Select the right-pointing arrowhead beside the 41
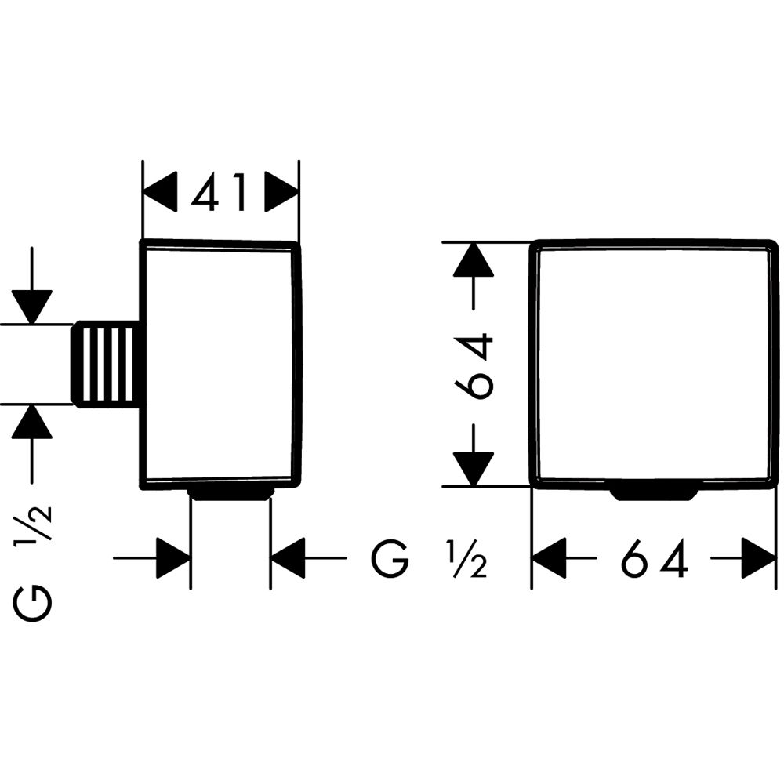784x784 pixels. tap(281, 192)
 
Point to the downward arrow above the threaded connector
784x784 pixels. tap(31, 306)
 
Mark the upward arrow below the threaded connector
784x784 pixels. tap(31, 423)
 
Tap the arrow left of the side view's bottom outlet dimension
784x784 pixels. tap(172, 558)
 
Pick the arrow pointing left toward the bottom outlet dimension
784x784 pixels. tap(289, 558)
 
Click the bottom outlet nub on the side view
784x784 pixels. tap(230, 493)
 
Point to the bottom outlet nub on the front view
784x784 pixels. tap(653, 493)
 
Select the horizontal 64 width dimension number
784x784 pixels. tap(654, 559)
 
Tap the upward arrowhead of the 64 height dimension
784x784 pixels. tap(473, 260)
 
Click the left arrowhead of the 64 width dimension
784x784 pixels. tap(550, 559)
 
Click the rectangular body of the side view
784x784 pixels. tap(220, 365)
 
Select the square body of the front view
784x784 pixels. tap(654, 365)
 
